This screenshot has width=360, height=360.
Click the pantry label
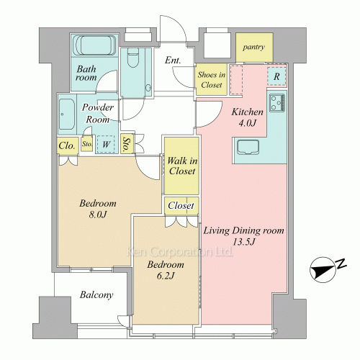[x=253, y=47]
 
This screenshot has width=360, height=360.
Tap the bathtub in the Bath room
[x=94, y=45]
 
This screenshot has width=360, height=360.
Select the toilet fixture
[x=132, y=58]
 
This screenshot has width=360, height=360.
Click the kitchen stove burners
[x=277, y=103]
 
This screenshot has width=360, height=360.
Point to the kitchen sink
[x=248, y=147]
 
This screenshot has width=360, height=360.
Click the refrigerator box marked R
[x=276, y=76]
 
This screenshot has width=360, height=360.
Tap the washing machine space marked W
[x=106, y=144]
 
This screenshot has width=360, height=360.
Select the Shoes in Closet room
[x=212, y=79]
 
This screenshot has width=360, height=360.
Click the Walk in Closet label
[x=182, y=166]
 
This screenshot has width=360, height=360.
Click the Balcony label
[x=96, y=294]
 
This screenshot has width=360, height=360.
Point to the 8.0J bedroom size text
[x=98, y=215]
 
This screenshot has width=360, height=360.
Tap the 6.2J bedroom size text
[x=165, y=276]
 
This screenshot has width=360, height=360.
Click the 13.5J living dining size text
[x=243, y=242]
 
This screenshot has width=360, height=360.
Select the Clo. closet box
[x=68, y=145]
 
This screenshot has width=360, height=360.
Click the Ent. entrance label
[x=173, y=60]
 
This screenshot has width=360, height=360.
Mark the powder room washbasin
[x=66, y=114]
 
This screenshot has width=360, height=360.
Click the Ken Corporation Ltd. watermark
[x=180, y=252]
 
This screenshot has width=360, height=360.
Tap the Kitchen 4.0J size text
[x=247, y=123]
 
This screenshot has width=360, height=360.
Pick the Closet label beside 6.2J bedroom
[x=181, y=205]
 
